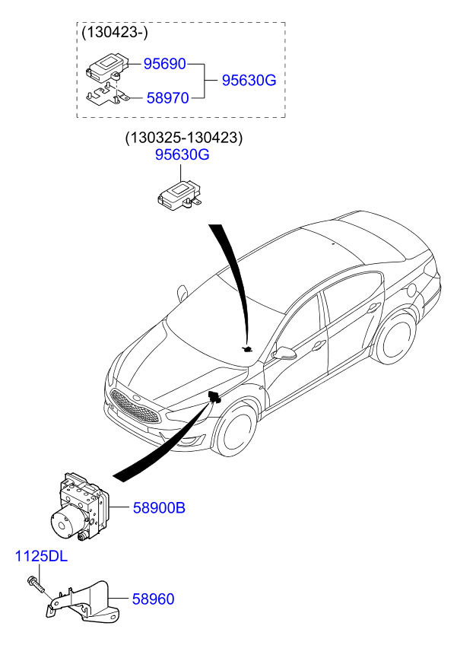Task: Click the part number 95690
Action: click(165, 65)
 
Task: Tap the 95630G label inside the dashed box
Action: click(248, 81)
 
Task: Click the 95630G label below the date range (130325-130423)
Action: click(182, 155)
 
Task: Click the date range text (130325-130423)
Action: click(183, 138)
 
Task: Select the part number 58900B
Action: click(159, 507)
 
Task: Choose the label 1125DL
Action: click(41, 557)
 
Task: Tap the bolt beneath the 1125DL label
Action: click(36, 585)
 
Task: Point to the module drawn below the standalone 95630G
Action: click(179, 194)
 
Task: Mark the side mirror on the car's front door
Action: click(286, 353)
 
